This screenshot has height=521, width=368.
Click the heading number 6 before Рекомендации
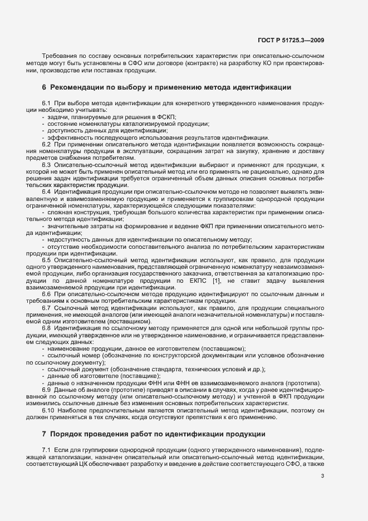tap(44, 87)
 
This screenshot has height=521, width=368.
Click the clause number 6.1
tap(46, 104)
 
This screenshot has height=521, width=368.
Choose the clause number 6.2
tap(46, 144)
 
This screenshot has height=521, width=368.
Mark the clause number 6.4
tap(46, 191)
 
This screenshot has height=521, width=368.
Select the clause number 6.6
tap(46, 293)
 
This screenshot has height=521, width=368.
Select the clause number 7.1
tap(46, 434)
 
